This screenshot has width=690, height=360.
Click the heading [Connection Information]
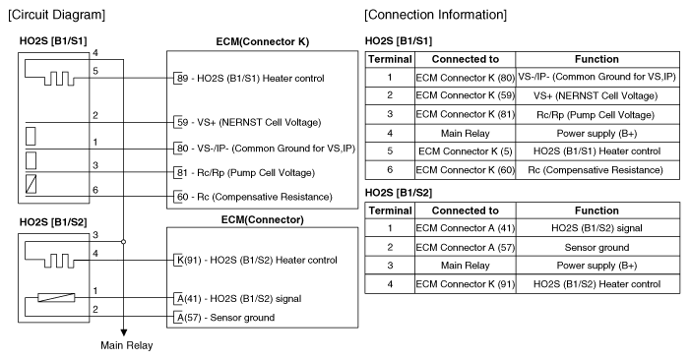pyautogui.click(x=435, y=16)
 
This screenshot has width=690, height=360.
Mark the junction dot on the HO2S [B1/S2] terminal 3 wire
pyautogui.click(x=124, y=240)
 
